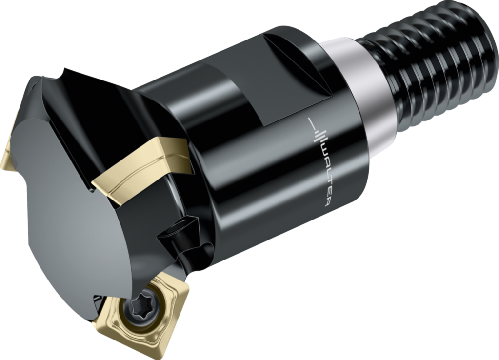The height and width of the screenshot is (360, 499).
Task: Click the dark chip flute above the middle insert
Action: click(112, 112)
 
